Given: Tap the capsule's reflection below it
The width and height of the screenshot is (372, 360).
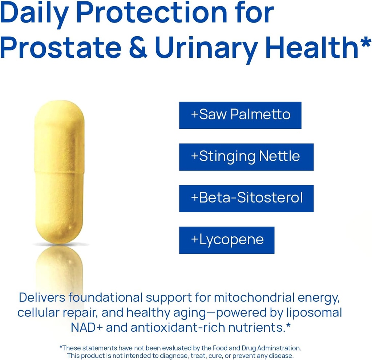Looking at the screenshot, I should point(59,269).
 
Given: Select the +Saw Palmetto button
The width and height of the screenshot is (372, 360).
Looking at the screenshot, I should point(240,115).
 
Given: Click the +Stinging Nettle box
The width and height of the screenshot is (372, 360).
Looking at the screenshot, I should point(246,157).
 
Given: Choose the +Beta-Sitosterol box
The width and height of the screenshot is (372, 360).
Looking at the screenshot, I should point(246,199).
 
